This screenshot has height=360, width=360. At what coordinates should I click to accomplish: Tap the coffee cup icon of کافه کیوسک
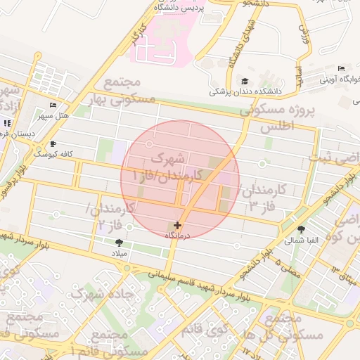tap(52, 143)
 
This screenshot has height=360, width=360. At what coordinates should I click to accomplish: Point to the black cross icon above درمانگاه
tap(177, 226)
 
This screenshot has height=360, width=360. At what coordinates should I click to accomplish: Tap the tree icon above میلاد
tap(118, 243)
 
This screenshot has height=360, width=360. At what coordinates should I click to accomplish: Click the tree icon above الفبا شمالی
tap(302, 229)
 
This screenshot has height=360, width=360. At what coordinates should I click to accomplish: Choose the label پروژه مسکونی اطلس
tap(275, 119)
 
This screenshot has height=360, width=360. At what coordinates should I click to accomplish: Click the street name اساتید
tap(297, 77)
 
